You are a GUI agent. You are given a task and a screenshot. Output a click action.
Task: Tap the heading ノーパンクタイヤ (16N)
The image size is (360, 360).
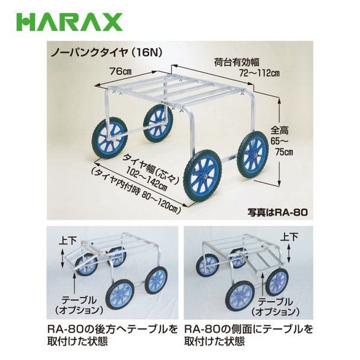106,53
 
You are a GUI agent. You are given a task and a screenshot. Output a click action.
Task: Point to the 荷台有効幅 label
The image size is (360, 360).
236,62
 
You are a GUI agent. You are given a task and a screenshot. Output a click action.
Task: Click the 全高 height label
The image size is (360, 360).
280,131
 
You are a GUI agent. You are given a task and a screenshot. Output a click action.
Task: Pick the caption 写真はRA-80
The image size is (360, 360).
277,212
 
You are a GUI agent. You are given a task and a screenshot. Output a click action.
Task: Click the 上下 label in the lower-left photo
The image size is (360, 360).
67,242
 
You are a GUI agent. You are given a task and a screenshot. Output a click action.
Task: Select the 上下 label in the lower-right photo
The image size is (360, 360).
290,237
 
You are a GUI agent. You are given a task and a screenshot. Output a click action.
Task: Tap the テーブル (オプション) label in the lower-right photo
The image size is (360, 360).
275,307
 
